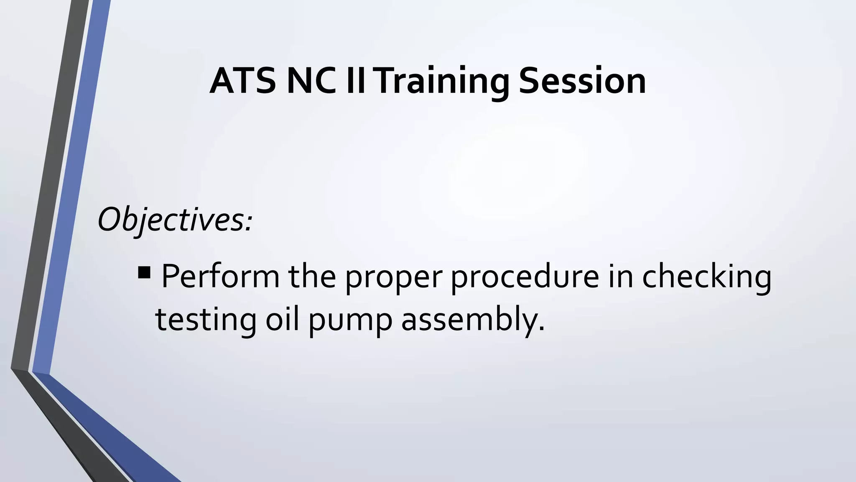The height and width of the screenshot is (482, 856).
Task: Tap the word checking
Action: pos(706,277)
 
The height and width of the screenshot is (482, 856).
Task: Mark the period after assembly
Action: pos(541,329)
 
